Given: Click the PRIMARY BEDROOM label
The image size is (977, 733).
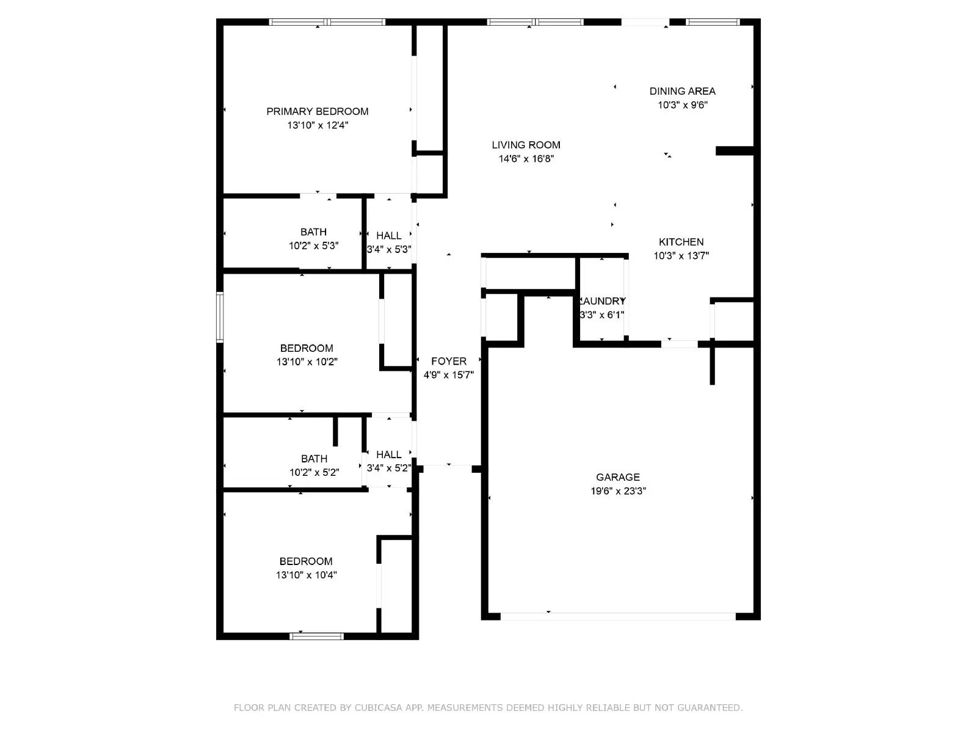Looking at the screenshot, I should pos(317,111).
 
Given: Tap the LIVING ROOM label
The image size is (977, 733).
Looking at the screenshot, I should pos(526,145).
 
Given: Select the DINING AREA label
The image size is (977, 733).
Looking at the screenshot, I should pos(682,91).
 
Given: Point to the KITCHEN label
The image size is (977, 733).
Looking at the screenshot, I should pos(681,242).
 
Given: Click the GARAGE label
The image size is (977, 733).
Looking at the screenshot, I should pos(618,477).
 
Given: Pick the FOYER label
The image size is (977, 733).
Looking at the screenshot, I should pos(448,361).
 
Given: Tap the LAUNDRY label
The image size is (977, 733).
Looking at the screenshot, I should pos(602,301).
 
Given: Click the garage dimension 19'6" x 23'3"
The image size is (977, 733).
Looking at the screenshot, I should pos(618,491).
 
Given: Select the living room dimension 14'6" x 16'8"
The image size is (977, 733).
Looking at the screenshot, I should pos(526,159).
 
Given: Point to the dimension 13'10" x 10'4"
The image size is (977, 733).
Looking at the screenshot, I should pos(306,575).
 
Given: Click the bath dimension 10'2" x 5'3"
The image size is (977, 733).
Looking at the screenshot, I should pos(313,246).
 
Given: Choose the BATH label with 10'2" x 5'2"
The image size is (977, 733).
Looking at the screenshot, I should pos(314,459).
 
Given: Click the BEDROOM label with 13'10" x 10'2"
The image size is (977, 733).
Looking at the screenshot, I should pos(307,348).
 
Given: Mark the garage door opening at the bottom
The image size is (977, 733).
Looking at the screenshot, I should pos(618,616).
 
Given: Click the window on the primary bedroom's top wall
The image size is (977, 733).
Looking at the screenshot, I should pos(327,22).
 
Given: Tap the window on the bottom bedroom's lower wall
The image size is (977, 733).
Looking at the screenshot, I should pos(316,636).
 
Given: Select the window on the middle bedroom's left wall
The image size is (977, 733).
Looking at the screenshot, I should pos(220,317).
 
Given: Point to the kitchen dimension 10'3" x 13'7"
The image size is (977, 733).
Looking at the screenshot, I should pos(681,256).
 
